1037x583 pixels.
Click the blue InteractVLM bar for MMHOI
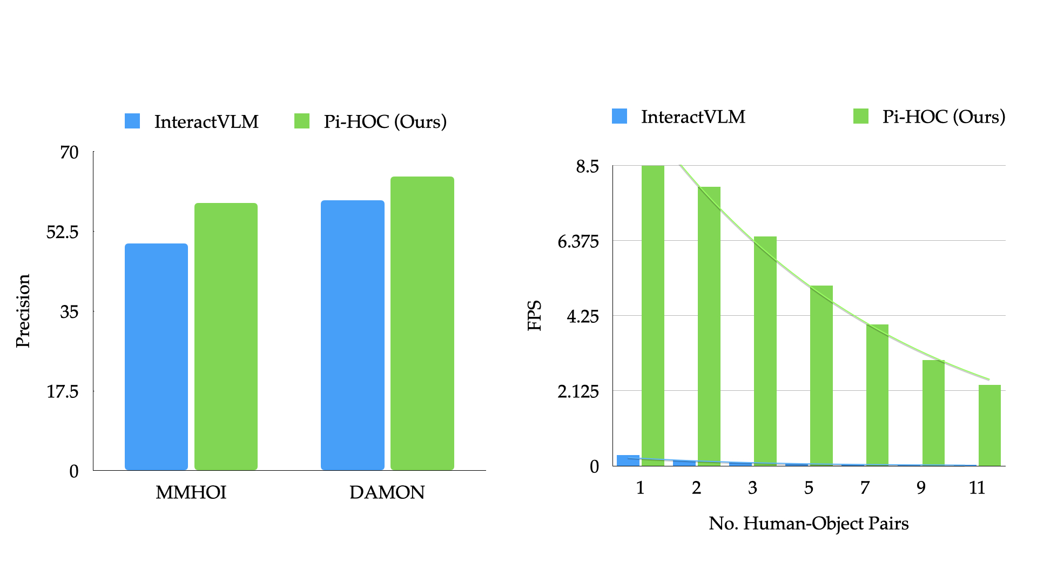pyautogui.click(x=156, y=356)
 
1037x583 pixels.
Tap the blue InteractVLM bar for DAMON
pyautogui.click(x=352, y=335)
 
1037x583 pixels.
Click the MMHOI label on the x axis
pyautogui.click(x=191, y=492)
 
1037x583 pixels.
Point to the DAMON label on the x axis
pyautogui.click(x=387, y=492)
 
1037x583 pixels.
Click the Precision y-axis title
pyautogui.click(x=23, y=311)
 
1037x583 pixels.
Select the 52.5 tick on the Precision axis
pyautogui.click(x=62, y=232)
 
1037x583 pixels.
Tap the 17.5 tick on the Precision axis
pyautogui.click(x=62, y=391)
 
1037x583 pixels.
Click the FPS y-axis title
pyautogui.click(x=534, y=315)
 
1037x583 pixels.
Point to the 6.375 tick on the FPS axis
pyautogui.click(x=578, y=241)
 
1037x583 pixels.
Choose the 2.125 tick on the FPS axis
pyautogui.click(x=578, y=391)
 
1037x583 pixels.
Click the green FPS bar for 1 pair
pyautogui.click(x=652, y=315)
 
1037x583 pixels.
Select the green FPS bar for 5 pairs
pyautogui.click(x=821, y=375)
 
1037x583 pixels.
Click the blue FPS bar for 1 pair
pyautogui.click(x=628, y=460)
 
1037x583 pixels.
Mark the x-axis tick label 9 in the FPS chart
pyautogui.click(x=921, y=488)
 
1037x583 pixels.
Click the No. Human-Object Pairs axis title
pyautogui.click(x=809, y=524)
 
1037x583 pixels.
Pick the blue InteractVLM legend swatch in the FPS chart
pyautogui.click(x=619, y=116)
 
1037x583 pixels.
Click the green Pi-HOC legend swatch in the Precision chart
pyautogui.click(x=302, y=121)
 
